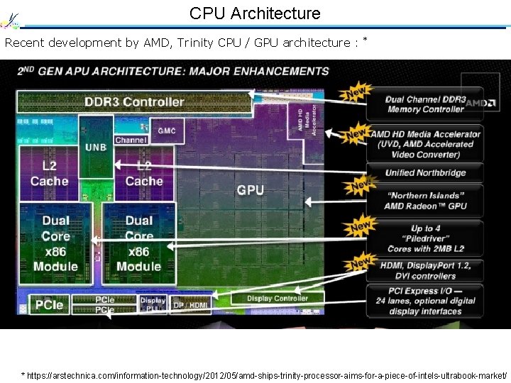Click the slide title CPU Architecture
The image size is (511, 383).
point(255,13)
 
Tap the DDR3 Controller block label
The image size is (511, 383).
point(134,101)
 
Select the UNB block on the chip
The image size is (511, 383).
point(96,147)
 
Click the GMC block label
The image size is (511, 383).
point(167,131)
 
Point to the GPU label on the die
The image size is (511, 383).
point(250,189)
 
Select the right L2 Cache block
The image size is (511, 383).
point(144,173)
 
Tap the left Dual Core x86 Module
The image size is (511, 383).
point(55,243)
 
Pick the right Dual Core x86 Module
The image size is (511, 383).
point(139,243)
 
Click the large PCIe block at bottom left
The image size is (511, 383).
point(49,305)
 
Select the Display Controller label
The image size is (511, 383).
point(278,299)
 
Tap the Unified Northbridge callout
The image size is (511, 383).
point(425,172)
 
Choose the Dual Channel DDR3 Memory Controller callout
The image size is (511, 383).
point(425,104)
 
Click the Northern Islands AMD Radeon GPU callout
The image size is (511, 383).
point(425,201)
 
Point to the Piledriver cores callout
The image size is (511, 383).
point(425,238)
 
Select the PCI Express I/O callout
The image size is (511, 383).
point(425,301)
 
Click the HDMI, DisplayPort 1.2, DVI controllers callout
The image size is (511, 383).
point(425,271)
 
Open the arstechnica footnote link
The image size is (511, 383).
point(266,374)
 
